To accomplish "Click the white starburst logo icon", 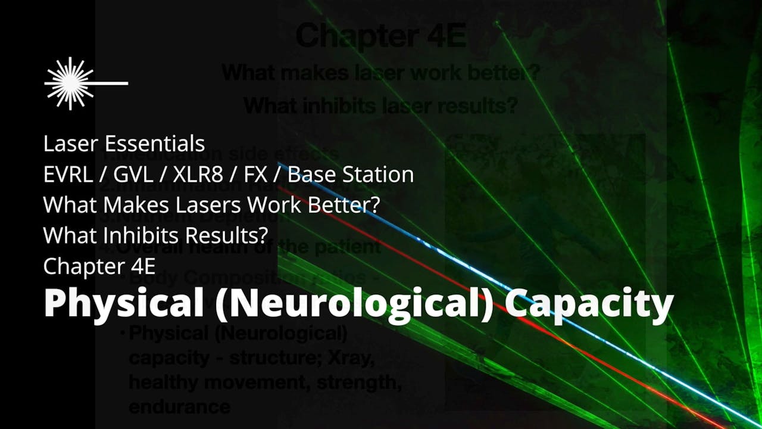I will [69, 83].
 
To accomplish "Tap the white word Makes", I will [126, 205].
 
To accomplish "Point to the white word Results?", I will [227, 236].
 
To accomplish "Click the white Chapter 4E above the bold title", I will [99, 266].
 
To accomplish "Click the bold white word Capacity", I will [589, 304].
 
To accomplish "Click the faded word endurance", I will [179, 406].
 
